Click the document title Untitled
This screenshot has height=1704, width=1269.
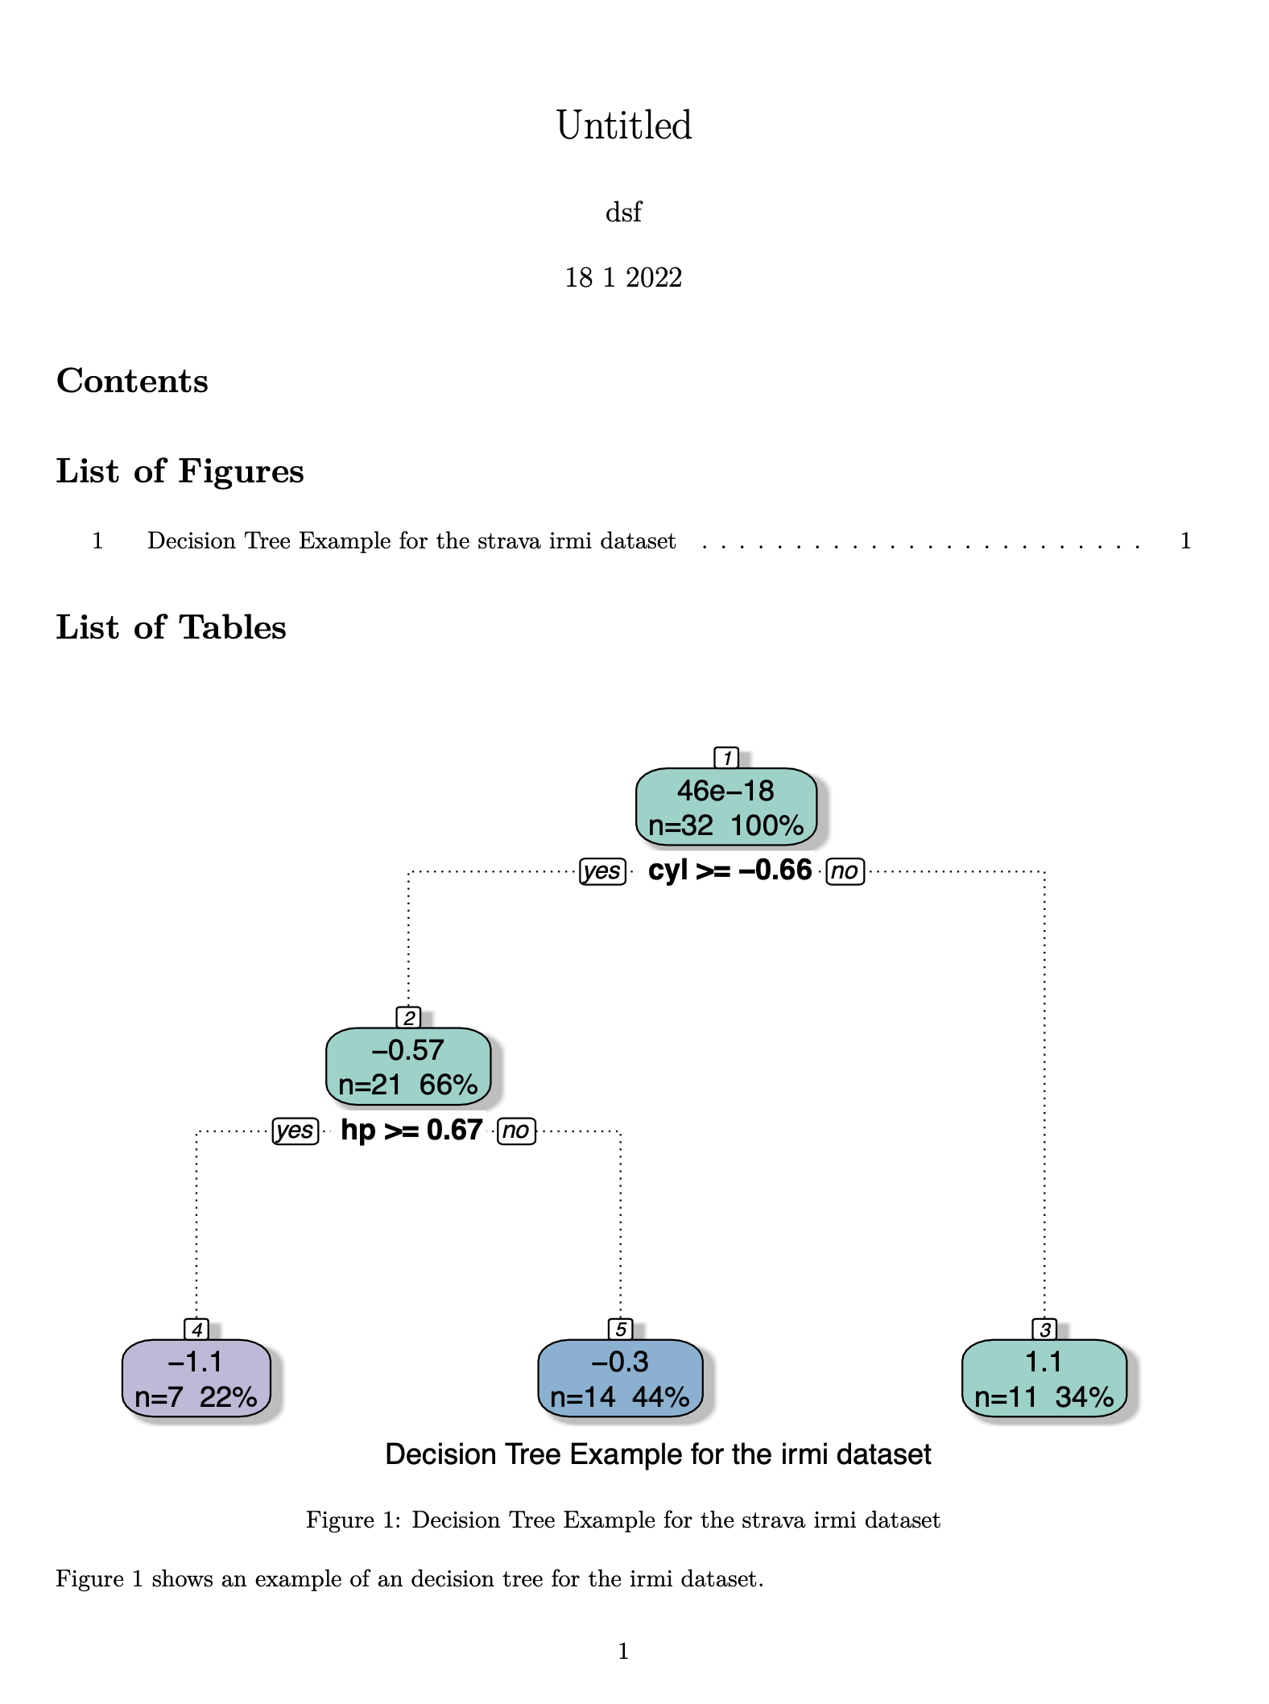coord(623,126)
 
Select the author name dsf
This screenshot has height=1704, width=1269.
coord(623,213)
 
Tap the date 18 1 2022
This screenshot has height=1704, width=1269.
coord(623,278)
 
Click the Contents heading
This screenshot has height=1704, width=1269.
coord(132,381)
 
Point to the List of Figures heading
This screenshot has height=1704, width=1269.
coord(180,471)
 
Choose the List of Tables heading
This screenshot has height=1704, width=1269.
coord(171,627)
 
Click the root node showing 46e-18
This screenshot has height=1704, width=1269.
coord(725,807)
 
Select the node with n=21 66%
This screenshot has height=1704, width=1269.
coord(408,1067)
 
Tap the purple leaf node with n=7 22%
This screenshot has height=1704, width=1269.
coord(196,1379)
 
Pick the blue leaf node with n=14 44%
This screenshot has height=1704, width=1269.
coord(620,1379)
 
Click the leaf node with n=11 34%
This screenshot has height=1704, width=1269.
coord(1044,1379)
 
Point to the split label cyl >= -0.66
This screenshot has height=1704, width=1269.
coord(730,871)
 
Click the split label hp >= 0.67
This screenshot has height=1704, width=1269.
coord(411,1131)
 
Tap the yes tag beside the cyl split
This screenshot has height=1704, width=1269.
coord(602,871)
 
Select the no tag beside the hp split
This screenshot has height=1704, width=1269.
coord(516,1131)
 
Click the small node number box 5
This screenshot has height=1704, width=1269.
coord(620,1329)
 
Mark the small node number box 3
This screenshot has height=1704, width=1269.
coord(1044,1329)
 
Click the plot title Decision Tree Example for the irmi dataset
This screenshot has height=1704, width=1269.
coord(658,1454)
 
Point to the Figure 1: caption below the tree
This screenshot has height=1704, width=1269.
coord(622,1520)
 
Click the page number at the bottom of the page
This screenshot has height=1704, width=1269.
coord(623,1652)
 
